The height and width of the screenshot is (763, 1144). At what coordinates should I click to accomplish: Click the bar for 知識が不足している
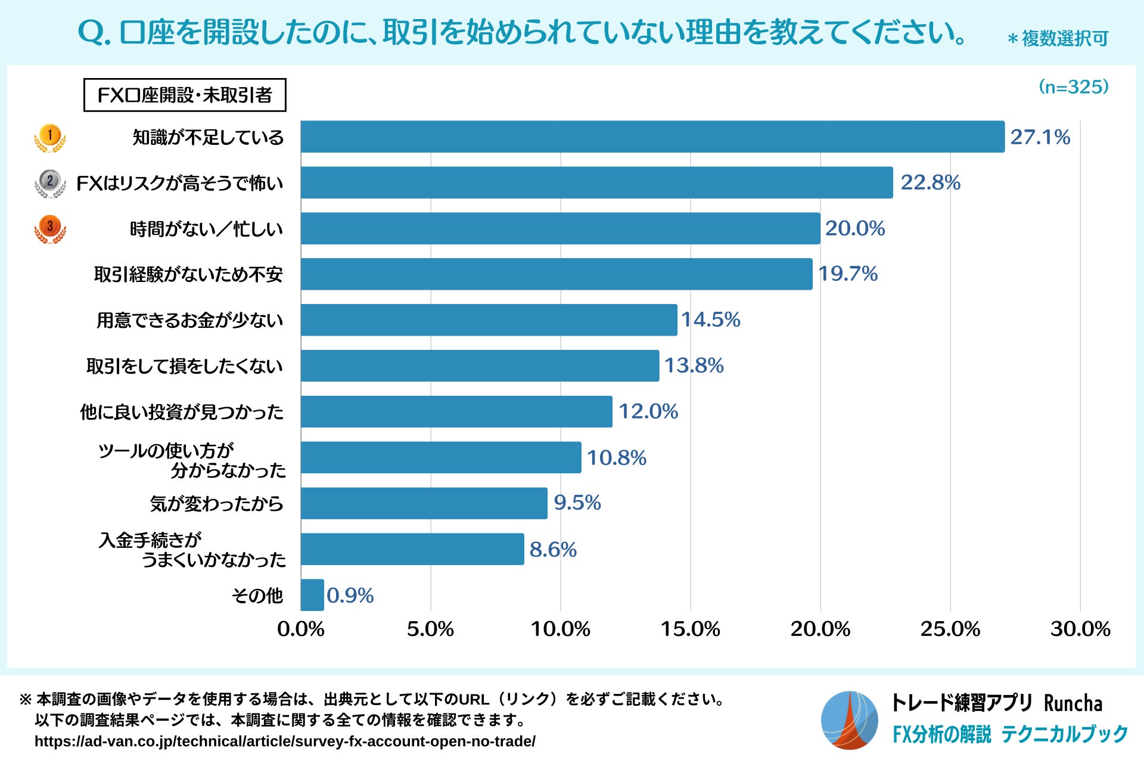coord(652,137)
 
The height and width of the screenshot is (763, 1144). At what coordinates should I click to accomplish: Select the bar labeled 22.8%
coord(596,182)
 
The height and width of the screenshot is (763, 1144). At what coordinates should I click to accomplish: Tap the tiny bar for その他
coord(312,595)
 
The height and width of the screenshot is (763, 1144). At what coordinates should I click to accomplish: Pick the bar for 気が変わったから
coord(424,503)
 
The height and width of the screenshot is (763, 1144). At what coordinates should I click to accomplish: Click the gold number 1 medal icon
coord(50,138)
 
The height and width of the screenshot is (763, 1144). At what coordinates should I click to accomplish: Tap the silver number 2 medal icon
coord(50,183)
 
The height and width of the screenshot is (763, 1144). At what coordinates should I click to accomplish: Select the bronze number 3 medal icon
coord(50,229)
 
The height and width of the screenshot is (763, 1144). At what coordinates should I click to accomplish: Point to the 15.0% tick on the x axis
coord(690,629)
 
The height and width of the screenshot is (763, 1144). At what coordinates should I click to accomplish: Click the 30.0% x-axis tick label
coord(1080,629)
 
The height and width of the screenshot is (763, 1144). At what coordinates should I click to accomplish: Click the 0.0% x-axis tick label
coord(301,629)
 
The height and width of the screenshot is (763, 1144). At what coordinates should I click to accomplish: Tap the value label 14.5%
coord(710,320)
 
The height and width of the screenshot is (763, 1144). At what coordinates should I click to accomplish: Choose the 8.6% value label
coord(553,550)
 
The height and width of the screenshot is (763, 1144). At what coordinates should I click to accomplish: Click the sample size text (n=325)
coord(1074,87)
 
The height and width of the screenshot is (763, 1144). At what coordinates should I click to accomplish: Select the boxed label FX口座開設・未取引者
coord(185,95)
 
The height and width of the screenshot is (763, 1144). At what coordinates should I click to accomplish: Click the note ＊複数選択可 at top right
coord(1058,39)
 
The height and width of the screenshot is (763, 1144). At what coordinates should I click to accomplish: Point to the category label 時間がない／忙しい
coord(206,229)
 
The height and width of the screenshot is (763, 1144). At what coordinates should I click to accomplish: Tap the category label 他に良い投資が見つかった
coord(182,412)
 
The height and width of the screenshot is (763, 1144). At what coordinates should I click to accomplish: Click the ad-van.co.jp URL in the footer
coord(285,741)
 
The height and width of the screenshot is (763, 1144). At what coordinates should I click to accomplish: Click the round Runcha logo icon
coord(849,720)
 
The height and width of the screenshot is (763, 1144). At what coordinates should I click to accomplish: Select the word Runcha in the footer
coord(1073,703)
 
